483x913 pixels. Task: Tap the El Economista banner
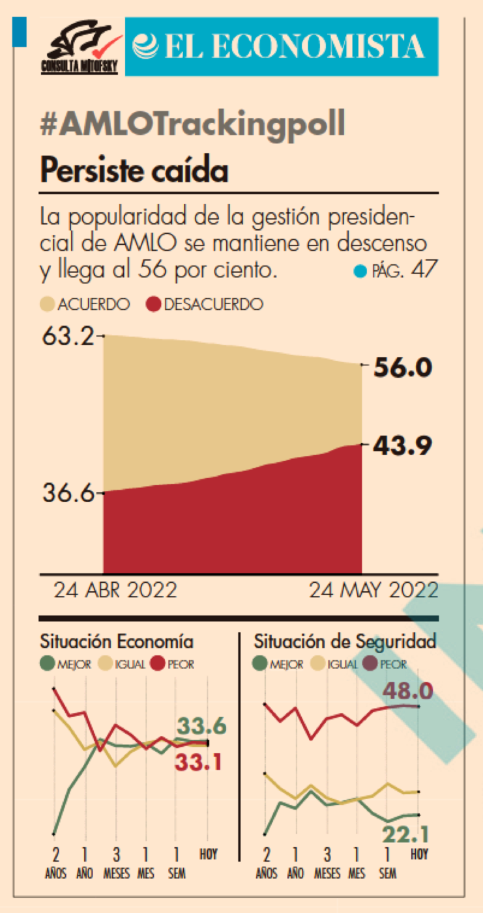pos(282,47)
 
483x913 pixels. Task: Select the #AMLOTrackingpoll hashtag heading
pos(192,125)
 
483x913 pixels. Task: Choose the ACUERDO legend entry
pos(86,304)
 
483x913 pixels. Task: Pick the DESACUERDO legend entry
pos(205,304)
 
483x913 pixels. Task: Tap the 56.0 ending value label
pos(402,368)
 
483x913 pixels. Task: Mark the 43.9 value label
pos(402,446)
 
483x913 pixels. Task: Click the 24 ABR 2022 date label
pos(115,590)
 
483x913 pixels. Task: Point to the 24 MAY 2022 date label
pos(373,590)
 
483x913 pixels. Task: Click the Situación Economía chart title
pos(117,641)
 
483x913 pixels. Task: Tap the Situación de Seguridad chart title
pos(345,641)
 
